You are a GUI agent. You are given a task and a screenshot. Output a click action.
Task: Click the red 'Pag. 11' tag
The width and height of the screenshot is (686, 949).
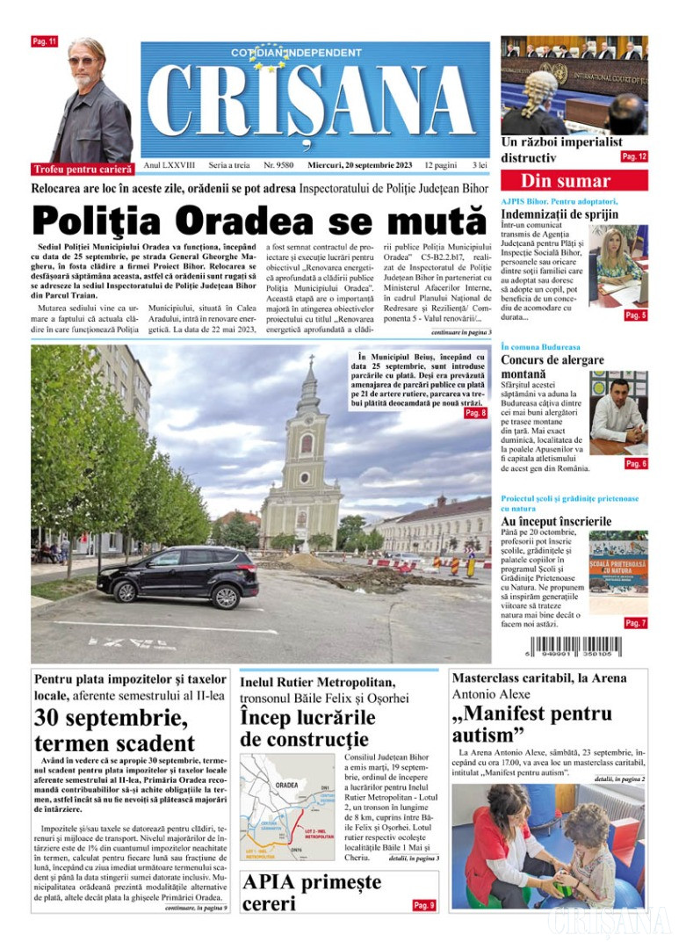click(x=44, y=41)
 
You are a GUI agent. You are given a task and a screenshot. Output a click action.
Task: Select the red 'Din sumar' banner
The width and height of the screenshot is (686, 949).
click(x=574, y=181)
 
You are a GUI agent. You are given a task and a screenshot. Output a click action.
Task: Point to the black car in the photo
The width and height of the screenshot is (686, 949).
click(x=178, y=575)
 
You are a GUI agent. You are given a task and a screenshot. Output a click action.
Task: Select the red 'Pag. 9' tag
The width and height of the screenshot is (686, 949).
click(x=423, y=905)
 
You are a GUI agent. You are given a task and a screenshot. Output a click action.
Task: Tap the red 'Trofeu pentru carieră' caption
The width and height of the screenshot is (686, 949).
click(x=83, y=168)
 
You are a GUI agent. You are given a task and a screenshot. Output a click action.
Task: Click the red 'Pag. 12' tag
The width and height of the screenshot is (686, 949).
click(x=634, y=156)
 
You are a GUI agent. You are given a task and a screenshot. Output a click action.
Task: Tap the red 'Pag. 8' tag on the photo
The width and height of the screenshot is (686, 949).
click(x=475, y=413)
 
